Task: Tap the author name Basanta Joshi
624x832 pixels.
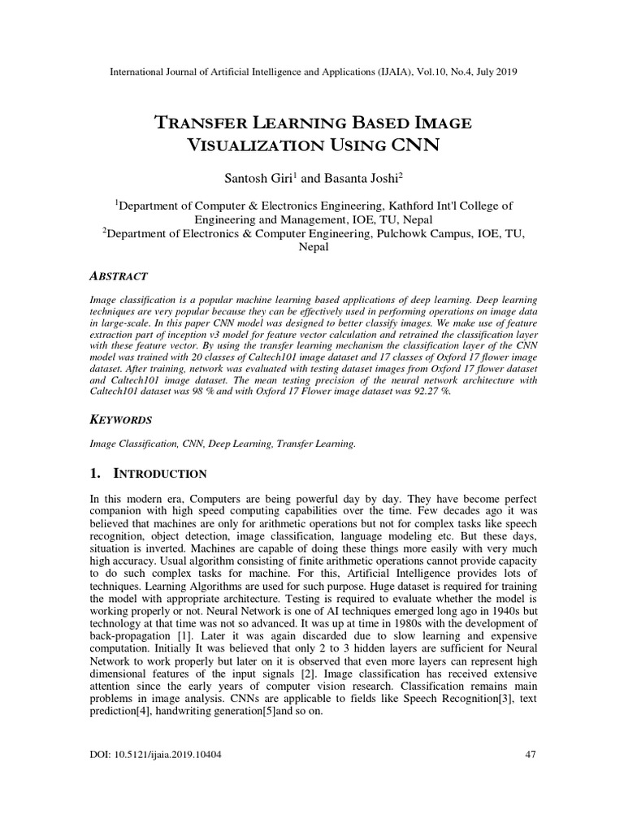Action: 356,177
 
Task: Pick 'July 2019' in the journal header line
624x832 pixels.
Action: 495,71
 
